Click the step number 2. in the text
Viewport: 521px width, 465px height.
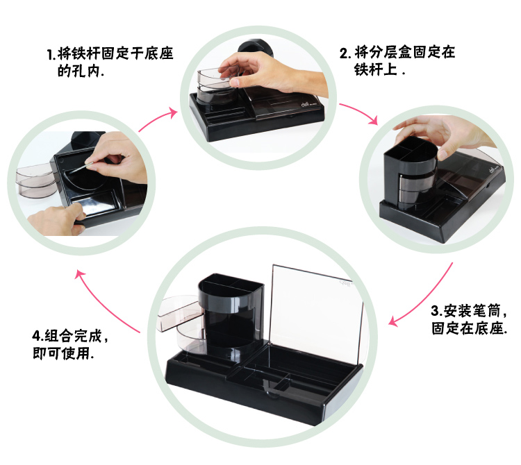click(345, 53)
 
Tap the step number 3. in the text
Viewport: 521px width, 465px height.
click(437, 311)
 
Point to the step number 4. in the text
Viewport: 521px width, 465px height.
click(38, 336)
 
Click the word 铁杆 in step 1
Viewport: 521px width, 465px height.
click(78, 53)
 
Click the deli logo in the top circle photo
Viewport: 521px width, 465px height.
click(305, 104)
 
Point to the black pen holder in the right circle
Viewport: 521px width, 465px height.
click(410, 173)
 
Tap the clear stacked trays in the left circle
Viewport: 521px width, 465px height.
click(34, 180)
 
